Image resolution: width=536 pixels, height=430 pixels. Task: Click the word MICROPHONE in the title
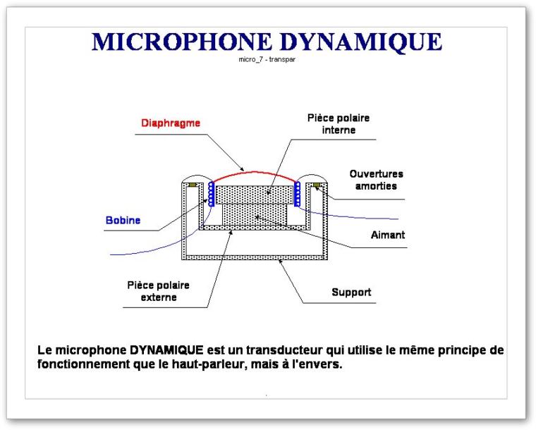(181, 42)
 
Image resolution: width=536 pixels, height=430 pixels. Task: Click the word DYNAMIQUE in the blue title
(361, 42)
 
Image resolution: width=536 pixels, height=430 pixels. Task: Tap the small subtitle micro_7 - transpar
(267, 59)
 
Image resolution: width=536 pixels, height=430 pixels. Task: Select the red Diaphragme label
(171, 123)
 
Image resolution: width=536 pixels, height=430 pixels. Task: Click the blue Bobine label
(123, 221)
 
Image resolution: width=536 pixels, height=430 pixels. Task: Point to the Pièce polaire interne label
(339, 124)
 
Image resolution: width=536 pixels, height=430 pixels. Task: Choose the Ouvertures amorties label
(376, 180)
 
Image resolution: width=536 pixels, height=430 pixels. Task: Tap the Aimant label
(388, 235)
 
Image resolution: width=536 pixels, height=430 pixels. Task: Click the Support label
(351, 293)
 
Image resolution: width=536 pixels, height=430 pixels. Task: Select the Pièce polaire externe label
(158, 291)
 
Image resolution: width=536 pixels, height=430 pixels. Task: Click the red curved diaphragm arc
(254, 173)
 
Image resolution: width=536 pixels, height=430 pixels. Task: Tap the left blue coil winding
(211, 194)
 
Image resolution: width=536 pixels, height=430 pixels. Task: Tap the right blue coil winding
(298, 194)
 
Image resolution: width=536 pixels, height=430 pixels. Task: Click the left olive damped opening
(193, 185)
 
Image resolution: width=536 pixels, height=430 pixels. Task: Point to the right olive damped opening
(317, 185)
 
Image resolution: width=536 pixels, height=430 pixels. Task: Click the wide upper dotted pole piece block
(255, 195)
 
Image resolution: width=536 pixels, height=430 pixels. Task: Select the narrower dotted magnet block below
(255, 215)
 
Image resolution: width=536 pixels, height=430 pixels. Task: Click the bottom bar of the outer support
(255, 257)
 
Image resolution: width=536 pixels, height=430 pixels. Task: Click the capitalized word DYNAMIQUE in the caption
(166, 350)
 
